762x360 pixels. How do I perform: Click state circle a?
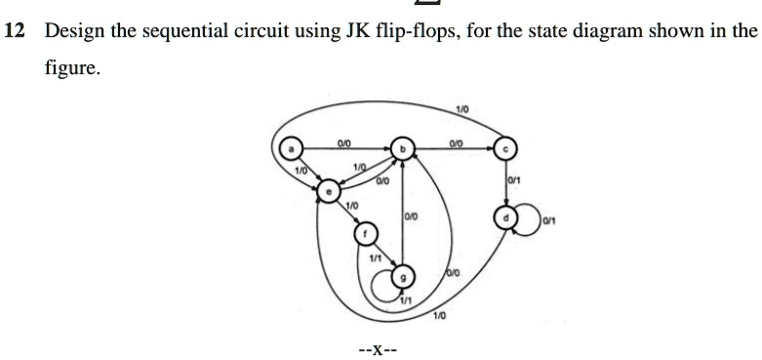pyautogui.click(x=290, y=148)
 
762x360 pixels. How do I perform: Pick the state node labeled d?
pyautogui.click(x=504, y=214)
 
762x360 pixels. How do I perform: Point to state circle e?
pyautogui.click(x=331, y=191)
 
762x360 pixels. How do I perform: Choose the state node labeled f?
pyautogui.click(x=363, y=234)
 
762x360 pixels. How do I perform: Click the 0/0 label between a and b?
pyautogui.click(x=343, y=142)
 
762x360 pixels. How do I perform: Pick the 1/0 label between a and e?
pyautogui.click(x=301, y=171)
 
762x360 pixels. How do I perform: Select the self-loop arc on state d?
pyautogui.click(x=528, y=216)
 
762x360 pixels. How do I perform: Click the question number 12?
pyautogui.click(x=13, y=30)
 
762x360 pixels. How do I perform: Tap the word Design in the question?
pyautogui.click(x=67, y=30)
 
